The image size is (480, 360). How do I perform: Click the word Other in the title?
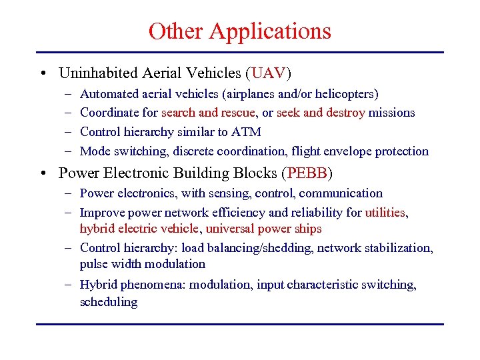(176, 31)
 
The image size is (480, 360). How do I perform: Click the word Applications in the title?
(270, 32)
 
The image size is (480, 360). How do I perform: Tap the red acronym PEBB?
(307, 173)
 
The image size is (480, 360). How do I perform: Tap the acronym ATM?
(247, 132)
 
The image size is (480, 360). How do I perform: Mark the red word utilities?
(385, 213)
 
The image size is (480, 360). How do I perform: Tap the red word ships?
(309, 229)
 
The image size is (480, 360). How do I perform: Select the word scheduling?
(109, 302)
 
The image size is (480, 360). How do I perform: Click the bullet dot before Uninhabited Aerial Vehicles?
(43, 73)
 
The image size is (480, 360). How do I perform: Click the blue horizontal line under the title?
(240, 52)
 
